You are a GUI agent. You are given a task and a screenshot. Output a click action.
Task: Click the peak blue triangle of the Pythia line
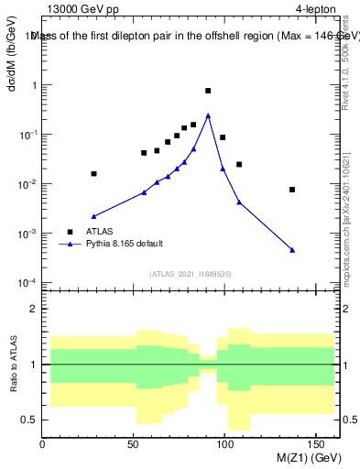click(208, 115)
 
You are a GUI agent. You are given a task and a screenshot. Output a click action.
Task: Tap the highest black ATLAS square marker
click(208, 91)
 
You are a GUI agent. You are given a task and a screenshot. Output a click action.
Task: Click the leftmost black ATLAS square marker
click(93, 173)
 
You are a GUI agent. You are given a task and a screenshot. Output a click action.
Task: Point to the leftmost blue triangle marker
click(93, 216)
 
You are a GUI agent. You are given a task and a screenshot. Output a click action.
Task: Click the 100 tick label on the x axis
click(226, 444)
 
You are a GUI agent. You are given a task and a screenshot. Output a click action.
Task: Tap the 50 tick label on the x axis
click(135, 444)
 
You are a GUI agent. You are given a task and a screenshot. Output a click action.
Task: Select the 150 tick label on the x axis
click(318, 444)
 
